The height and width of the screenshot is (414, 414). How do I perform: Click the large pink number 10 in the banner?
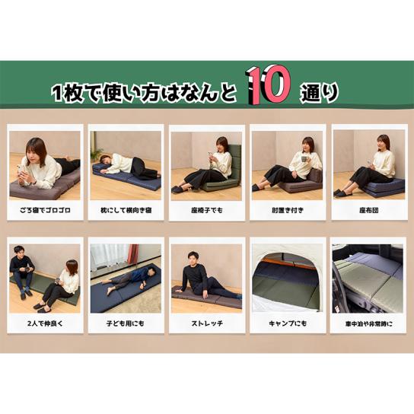click(x=269, y=85)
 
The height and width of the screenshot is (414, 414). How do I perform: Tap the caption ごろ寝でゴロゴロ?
click(x=45, y=211)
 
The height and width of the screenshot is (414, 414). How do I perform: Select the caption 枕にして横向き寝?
click(x=126, y=211)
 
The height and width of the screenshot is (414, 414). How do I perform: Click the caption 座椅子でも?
click(x=207, y=211)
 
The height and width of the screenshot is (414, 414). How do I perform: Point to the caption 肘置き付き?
click(x=288, y=211)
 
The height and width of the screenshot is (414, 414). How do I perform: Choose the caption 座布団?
click(x=369, y=211)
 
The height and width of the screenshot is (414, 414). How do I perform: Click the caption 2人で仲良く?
click(x=45, y=323)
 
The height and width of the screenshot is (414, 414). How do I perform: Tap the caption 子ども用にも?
click(x=126, y=323)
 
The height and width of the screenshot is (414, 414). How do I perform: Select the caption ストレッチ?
click(x=207, y=323)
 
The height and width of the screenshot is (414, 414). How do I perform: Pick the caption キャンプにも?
click(x=288, y=323)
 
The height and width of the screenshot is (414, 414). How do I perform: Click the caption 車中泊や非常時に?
click(x=369, y=323)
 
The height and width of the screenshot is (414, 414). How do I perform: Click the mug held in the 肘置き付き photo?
click(x=305, y=159)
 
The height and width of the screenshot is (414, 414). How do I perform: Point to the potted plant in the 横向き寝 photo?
click(x=97, y=154)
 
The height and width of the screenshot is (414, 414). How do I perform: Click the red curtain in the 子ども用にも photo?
click(x=133, y=254)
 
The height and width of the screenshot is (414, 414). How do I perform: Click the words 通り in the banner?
click(x=319, y=93)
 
